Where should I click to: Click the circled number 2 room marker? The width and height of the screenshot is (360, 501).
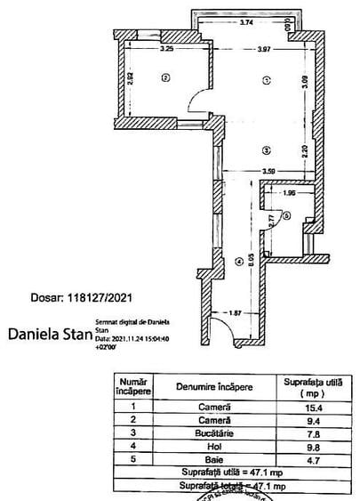tap(164, 78)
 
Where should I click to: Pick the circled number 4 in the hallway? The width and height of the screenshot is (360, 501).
tap(237, 262)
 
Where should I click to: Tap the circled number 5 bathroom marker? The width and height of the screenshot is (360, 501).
tap(286, 214)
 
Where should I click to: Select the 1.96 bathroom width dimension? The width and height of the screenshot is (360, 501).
tap(288, 193)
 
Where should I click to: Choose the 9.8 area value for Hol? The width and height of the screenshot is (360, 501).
tap(313, 446)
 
